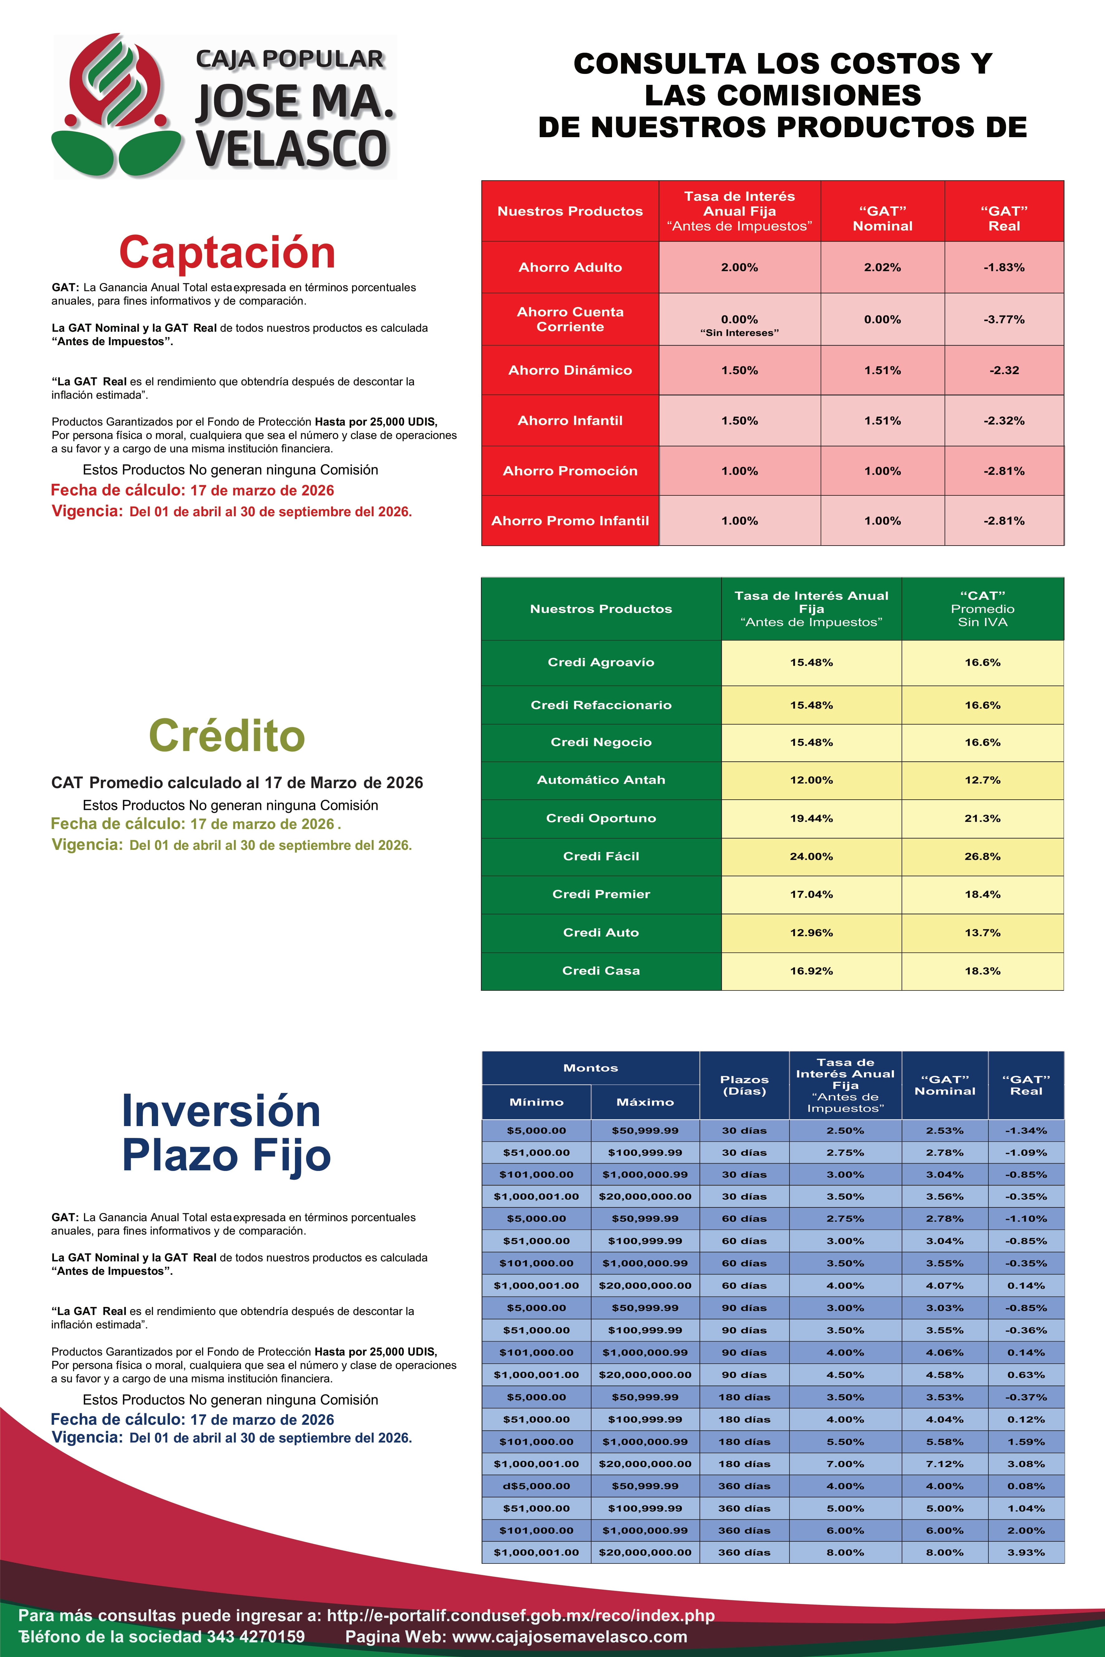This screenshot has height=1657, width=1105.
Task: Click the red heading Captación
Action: click(x=227, y=252)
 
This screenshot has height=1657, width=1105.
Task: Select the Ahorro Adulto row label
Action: click(x=570, y=267)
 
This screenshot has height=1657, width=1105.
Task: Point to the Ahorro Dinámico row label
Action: click(x=570, y=370)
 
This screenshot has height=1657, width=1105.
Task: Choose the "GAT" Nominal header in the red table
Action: click(x=882, y=219)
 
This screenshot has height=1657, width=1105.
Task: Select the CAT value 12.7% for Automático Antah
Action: click(x=982, y=780)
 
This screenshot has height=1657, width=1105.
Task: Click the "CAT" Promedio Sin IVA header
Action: click(x=982, y=609)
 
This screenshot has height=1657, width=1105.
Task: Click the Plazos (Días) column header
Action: click(x=744, y=1085)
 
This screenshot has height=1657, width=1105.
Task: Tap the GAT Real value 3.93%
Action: click(x=1026, y=1552)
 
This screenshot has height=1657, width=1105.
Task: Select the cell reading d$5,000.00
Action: click(x=536, y=1486)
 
